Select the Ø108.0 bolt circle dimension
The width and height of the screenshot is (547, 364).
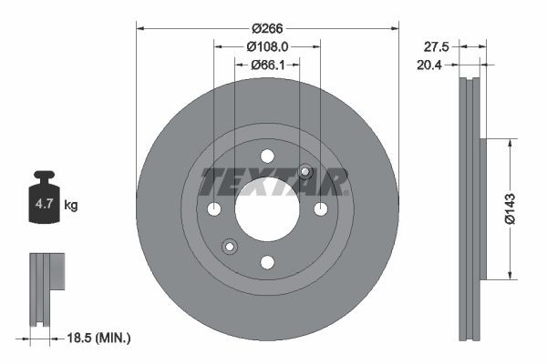click(x=267, y=45)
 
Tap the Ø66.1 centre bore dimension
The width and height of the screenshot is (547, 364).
click(x=267, y=65)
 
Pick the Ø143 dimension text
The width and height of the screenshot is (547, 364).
click(x=523, y=208)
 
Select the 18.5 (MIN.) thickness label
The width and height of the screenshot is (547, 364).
click(x=100, y=339)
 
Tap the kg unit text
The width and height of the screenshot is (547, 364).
click(x=72, y=206)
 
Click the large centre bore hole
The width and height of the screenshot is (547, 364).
click(x=267, y=209)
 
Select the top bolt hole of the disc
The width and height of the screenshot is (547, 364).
click(x=267, y=156)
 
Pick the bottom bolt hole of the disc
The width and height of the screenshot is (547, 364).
click(x=267, y=262)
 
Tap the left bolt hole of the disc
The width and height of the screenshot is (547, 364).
click(x=214, y=209)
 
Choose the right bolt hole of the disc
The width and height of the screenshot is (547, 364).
click(x=321, y=209)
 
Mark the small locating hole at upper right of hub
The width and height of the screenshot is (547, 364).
click(x=305, y=172)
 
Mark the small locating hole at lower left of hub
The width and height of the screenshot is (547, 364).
click(x=230, y=246)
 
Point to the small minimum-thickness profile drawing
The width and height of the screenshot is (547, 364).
click(x=46, y=287)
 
